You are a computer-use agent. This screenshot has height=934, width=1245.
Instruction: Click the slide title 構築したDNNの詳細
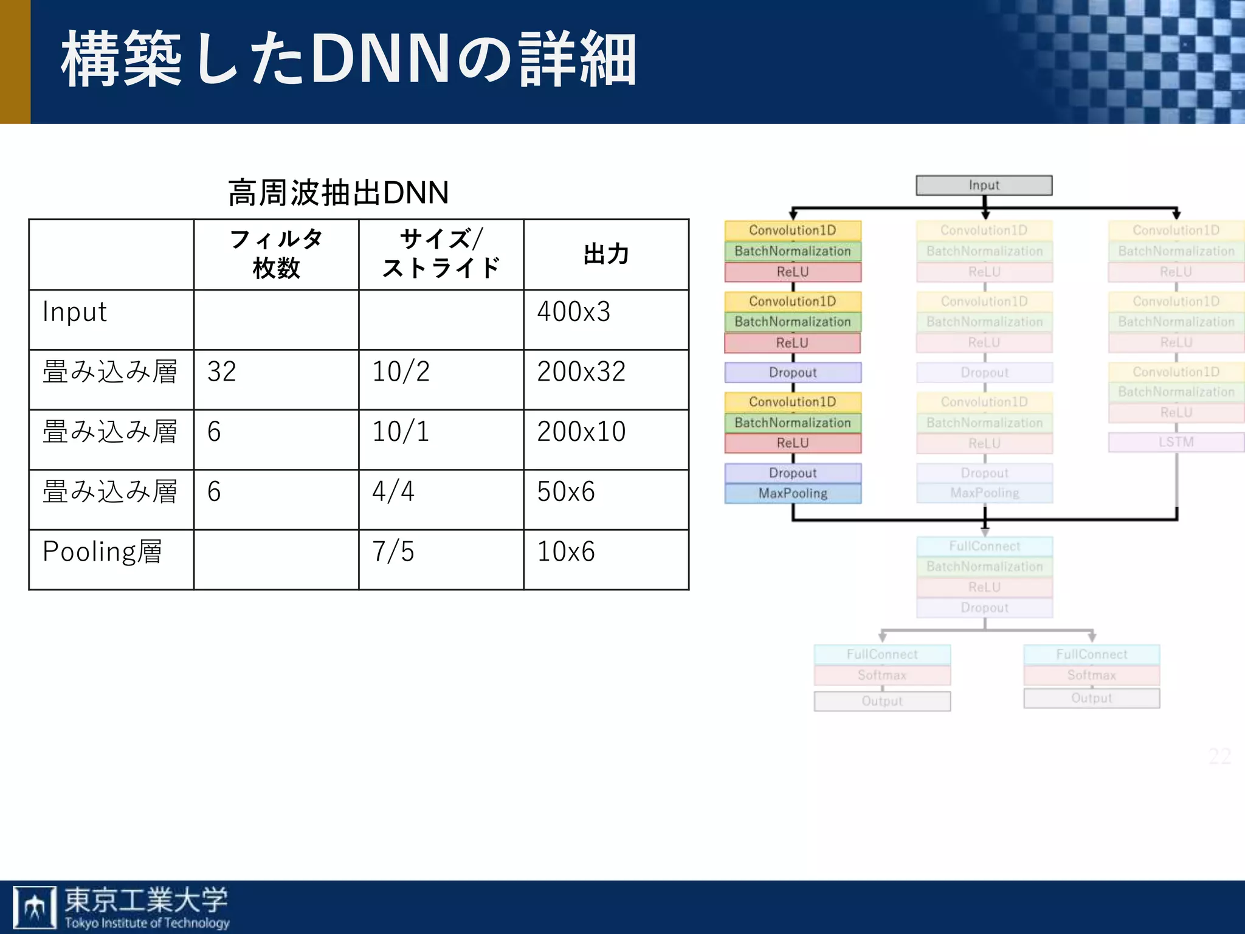coord(348,60)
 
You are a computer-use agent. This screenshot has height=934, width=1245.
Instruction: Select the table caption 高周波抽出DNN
coord(338,193)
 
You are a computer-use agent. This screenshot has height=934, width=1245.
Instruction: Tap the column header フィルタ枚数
coord(276,254)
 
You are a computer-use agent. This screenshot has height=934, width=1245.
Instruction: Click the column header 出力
coord(606,254)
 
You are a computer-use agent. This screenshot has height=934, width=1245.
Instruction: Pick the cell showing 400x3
coord(573,312)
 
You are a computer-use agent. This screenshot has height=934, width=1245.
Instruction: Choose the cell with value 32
coord(221,372)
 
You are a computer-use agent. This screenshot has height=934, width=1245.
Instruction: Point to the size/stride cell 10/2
coord(401,372)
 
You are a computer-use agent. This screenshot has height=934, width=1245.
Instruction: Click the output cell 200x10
coord(581,432)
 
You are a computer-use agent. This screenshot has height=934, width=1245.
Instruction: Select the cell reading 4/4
coord(393,491)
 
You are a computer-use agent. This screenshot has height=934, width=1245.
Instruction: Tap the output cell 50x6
coord(565,491)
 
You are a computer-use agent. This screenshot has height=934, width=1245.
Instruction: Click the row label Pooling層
coord(102,552)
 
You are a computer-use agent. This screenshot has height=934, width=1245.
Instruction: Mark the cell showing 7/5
coord(393,552)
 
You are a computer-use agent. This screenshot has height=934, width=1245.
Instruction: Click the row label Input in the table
coord(75,312)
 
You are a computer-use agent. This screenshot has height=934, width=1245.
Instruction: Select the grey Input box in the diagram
coord(984,185)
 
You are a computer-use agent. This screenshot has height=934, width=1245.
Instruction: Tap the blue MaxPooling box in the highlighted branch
coord(793,493)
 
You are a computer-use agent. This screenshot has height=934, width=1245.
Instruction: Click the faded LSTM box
coord(1176,442)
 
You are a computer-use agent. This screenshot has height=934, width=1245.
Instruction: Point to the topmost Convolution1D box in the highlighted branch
coord(793,230)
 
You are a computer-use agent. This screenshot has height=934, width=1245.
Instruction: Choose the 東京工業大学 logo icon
coord(35,907)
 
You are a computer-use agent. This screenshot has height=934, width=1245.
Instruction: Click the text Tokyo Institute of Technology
coord(147,922)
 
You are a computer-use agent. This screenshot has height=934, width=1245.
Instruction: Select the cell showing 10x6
coord(565,552)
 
